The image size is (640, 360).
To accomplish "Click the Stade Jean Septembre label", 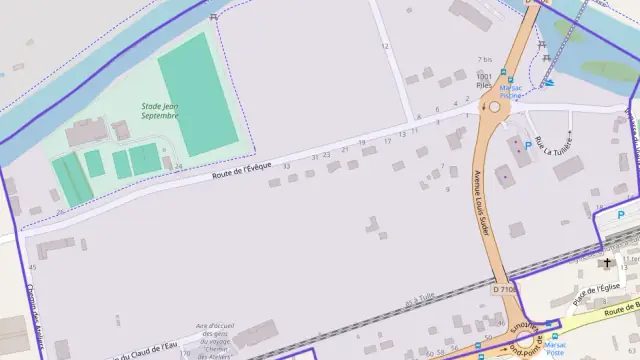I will [x=160, y=110].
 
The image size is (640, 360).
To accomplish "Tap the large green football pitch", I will [x=197, y=94].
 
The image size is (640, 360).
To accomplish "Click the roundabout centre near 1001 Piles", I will [x=493, y=109].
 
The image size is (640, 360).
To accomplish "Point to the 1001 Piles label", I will [x=485, y=81].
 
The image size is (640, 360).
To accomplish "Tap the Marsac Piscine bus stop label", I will [x=512, y=91].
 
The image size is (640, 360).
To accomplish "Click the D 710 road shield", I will [x=506, y=289].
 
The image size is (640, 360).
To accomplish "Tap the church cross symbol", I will [x=606, y=264].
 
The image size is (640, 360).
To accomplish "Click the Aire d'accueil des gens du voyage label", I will [x=214, y=341].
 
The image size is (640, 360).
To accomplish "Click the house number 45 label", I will [x=33, y=268].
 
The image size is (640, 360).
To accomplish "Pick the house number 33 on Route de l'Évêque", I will [x=286, y=166].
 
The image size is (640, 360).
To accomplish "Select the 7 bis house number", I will [x=486, y=60].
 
